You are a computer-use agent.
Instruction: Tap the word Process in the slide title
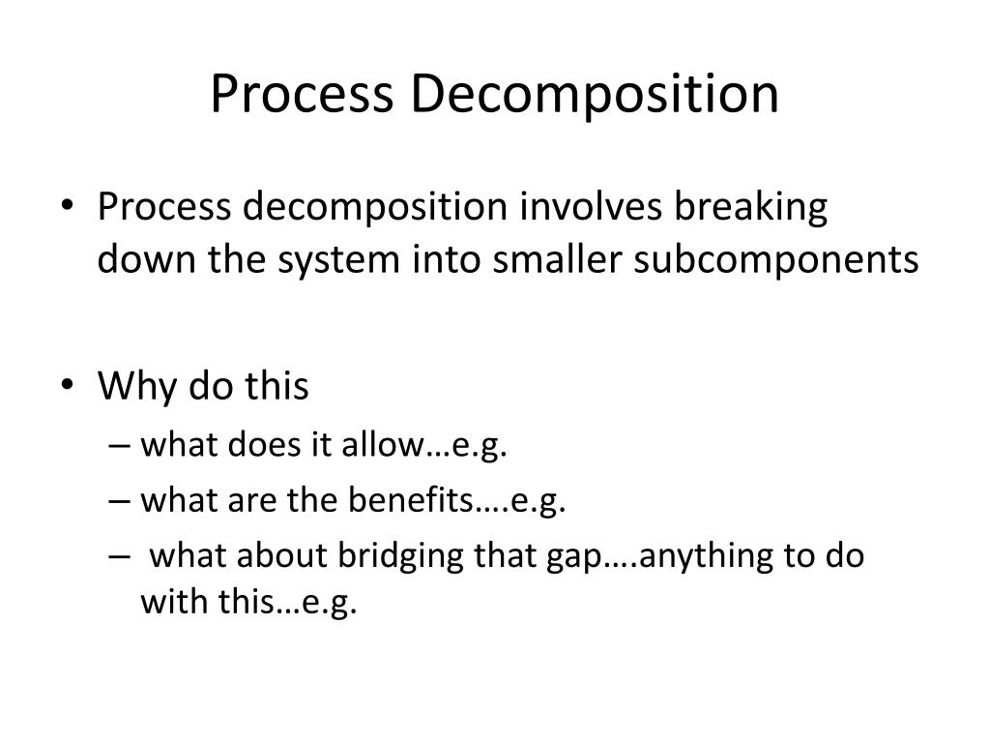coord(303,95)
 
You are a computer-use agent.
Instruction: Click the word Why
coord(134,386)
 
